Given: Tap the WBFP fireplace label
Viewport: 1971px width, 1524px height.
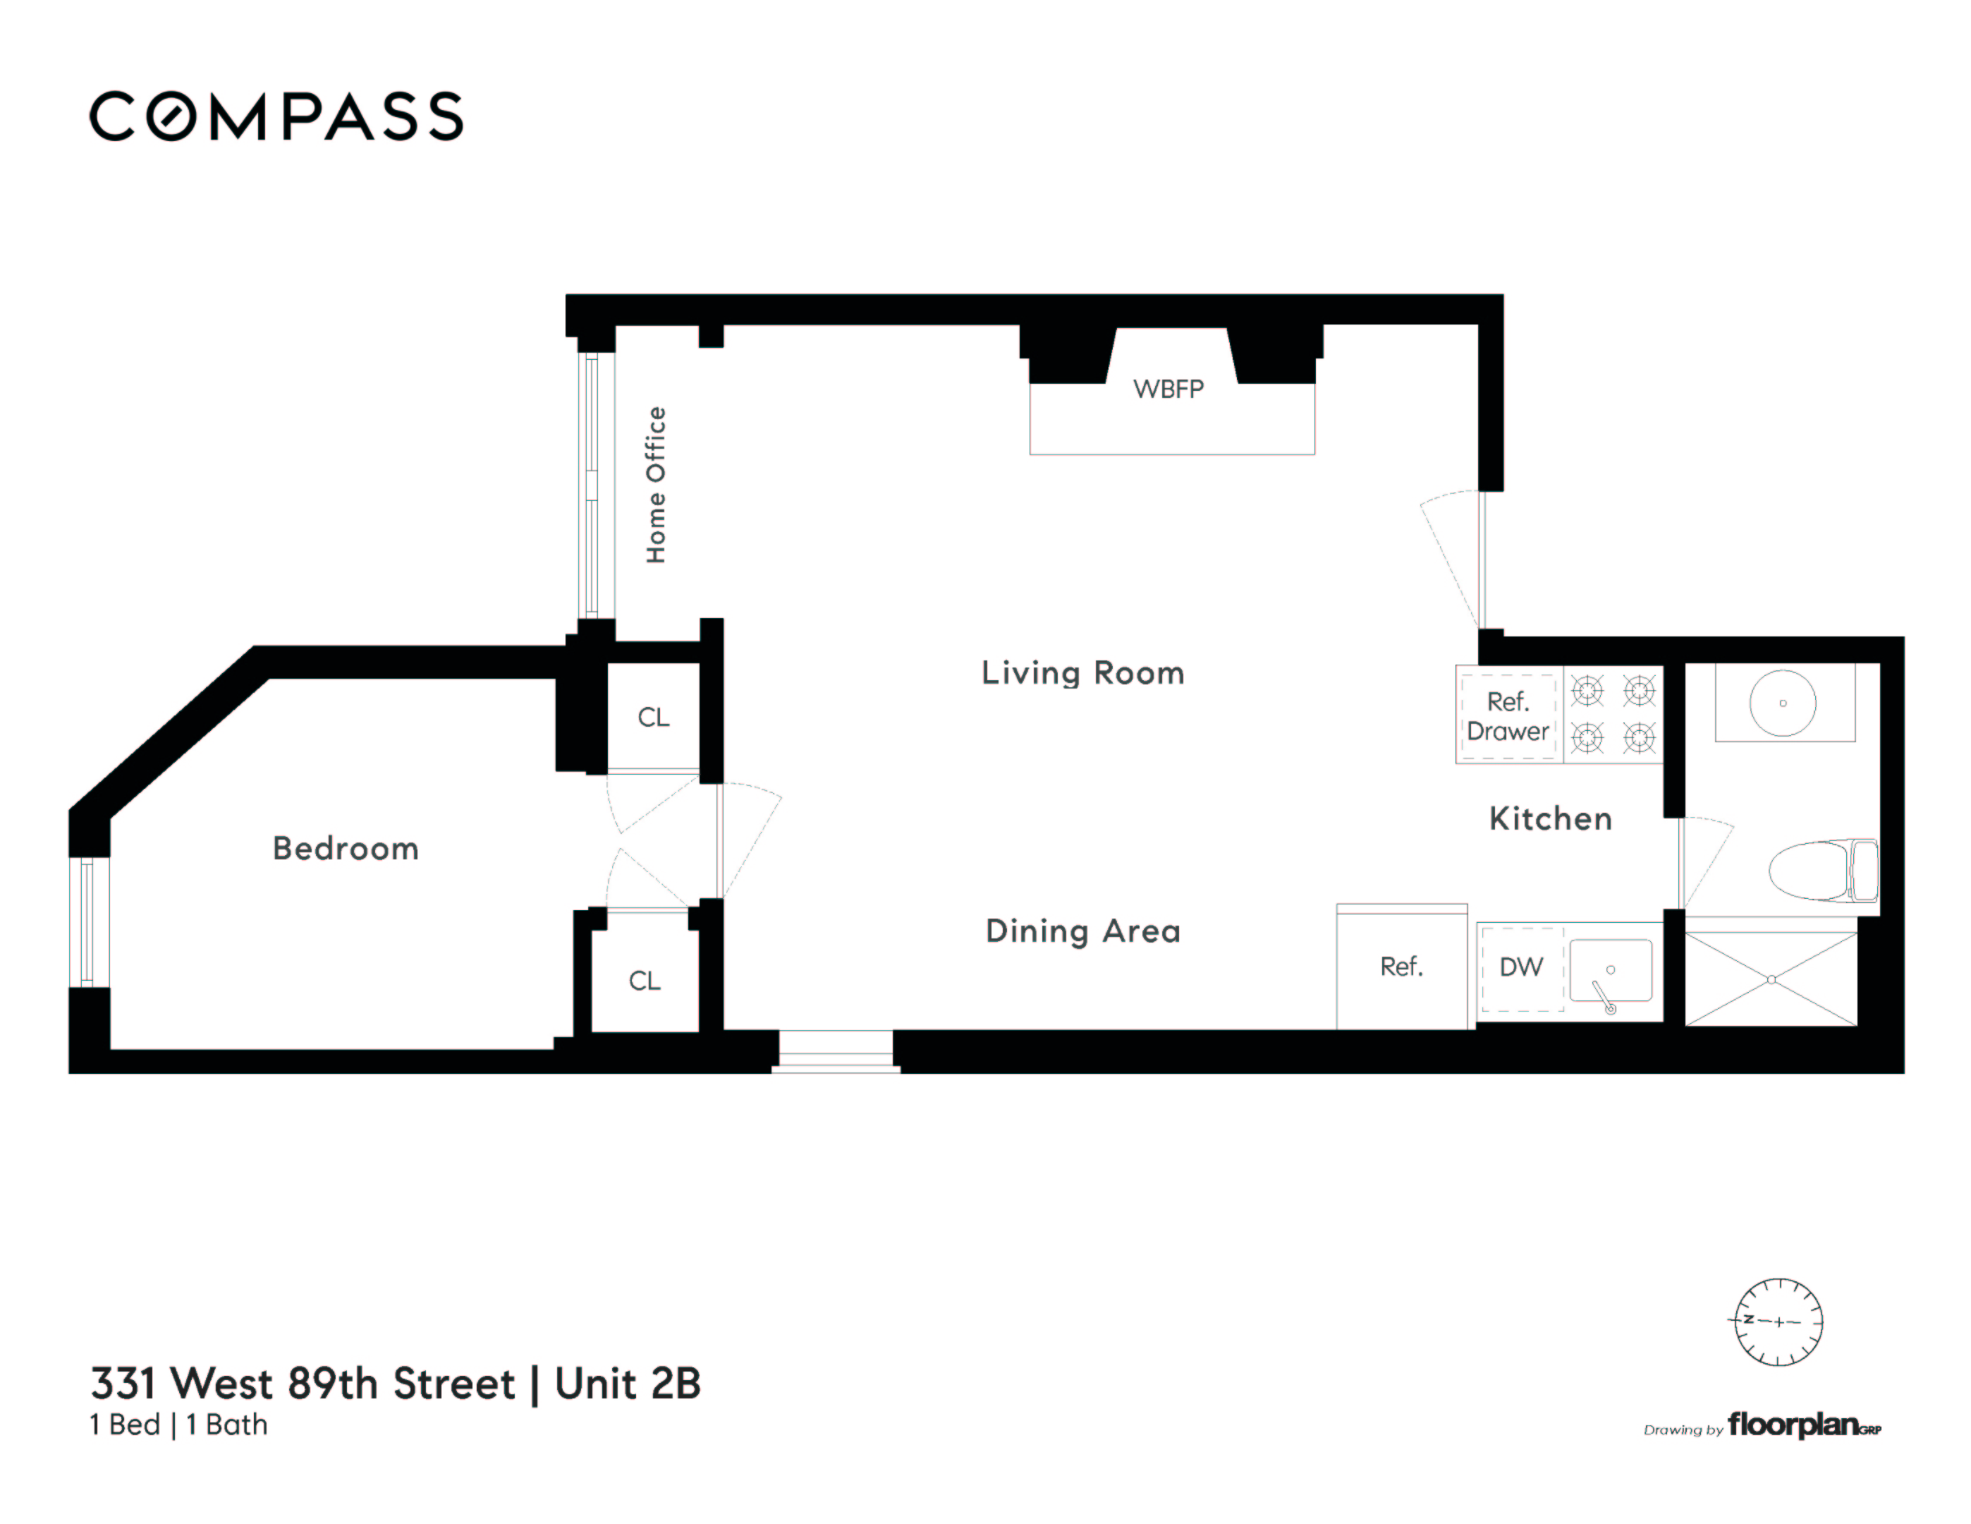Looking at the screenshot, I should [1168, 389].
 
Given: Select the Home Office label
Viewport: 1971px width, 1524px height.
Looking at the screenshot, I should [656, 485].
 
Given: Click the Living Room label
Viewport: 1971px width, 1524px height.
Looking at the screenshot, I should [1082, 672].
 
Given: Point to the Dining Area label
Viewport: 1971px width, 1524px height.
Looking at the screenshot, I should [1082, 931].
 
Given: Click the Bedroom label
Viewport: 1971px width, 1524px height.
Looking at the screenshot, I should [346, 849].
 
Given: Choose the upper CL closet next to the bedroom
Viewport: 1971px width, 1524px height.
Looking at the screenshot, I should [654, 718].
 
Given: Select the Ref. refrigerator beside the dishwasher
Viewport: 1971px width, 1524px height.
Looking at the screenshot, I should [1401, 967].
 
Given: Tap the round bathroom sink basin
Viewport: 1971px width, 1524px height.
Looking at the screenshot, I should [1783, 703].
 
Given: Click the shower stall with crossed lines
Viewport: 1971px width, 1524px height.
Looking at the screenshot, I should [1771, 979].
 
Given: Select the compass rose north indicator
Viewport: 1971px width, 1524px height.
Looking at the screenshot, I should [1778, 1322].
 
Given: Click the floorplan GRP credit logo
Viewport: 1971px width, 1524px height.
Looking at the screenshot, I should [1802, 1426].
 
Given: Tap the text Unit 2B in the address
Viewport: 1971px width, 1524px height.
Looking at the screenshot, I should [627, 1383].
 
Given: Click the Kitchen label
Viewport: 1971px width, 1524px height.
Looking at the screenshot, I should [1549, 819].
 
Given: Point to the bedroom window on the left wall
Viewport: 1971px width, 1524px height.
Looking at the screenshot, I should [88, 921].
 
